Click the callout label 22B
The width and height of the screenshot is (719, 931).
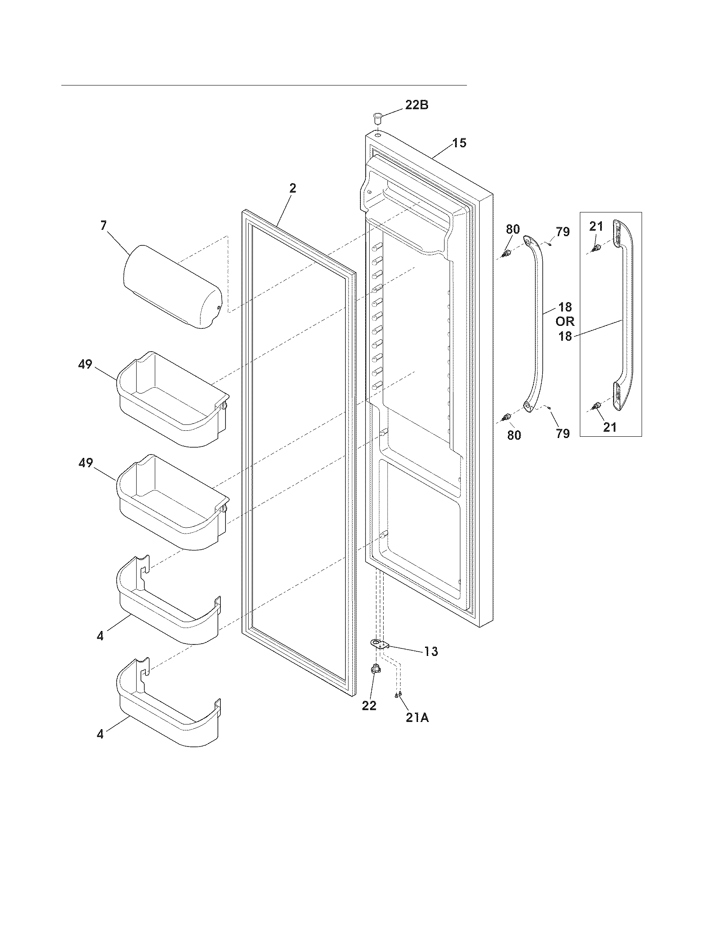[x=416, y=105]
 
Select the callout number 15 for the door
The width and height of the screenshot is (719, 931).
[x=459, y=143]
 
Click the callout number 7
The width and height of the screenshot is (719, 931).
[x=104, y=226]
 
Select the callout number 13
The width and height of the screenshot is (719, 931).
[x=431, y=663]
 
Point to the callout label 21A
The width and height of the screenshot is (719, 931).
[x=417, y=718]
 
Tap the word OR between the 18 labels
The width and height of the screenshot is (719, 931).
[x=565, y=322]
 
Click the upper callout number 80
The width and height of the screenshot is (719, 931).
[x=513, y=229]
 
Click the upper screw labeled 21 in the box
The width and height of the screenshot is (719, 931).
[x=597, y=247]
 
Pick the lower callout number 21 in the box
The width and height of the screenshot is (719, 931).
[x=609, y=427]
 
